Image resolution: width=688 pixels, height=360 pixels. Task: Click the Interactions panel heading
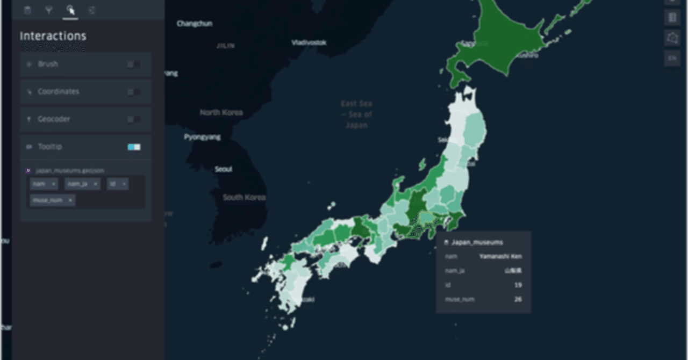pos(53,36)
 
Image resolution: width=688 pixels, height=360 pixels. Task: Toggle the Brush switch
pos(134,64)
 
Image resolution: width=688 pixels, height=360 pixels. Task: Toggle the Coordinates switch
pos(134,92)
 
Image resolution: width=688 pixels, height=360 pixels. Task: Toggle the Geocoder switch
pos(134,119)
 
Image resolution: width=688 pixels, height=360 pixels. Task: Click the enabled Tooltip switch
pos(134,147)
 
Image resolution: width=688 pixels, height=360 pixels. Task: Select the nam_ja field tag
pos(82,184)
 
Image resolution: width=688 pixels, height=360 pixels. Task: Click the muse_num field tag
pos(52,200)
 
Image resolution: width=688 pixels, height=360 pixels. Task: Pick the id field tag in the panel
pos(117,184)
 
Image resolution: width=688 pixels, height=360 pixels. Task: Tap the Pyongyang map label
pos(202,137)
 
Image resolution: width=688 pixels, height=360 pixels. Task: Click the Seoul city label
pos(224,169)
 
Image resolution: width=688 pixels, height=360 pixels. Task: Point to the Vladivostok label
pos(309,42)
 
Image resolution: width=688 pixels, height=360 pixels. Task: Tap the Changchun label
pos(194,24)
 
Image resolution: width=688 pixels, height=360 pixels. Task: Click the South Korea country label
pos(244,197)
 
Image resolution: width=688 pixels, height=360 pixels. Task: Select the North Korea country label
pos(221,112)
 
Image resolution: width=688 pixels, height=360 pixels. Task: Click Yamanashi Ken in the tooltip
pos(500,256)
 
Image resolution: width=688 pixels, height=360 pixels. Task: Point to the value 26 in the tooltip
pos(518,299)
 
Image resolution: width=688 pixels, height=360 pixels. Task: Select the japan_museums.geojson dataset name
pos(69,171)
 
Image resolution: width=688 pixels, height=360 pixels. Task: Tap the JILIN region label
pos(225,46)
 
